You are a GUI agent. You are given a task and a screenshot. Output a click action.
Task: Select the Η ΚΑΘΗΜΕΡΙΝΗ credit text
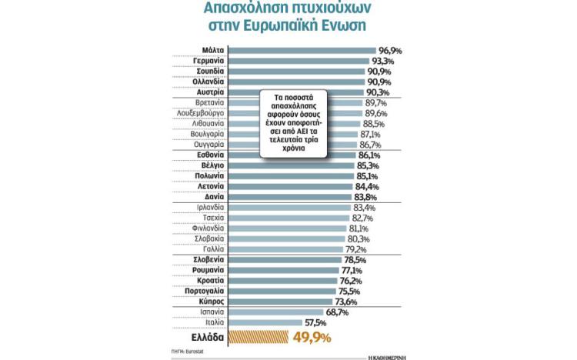387,355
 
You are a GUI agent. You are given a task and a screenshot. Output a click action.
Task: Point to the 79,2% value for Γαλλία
356,249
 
